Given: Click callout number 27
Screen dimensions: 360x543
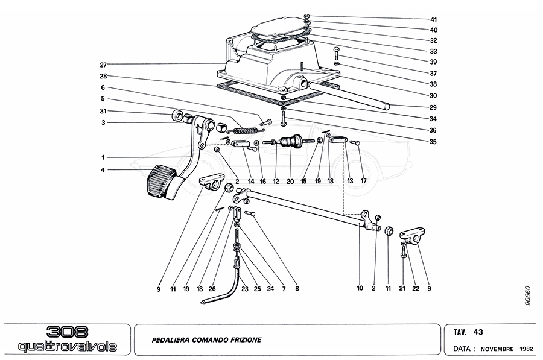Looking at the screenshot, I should [x=103, y=65].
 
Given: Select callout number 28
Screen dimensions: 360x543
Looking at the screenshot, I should [x=103, y=76].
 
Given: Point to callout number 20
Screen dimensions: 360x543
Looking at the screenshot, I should [x=291, y=181].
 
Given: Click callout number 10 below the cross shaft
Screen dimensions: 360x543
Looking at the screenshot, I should [x=360, y=289].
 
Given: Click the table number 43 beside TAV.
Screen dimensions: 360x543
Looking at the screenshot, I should [x=478, y=332].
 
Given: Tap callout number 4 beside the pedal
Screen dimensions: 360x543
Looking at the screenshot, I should [x=103, y=169].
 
